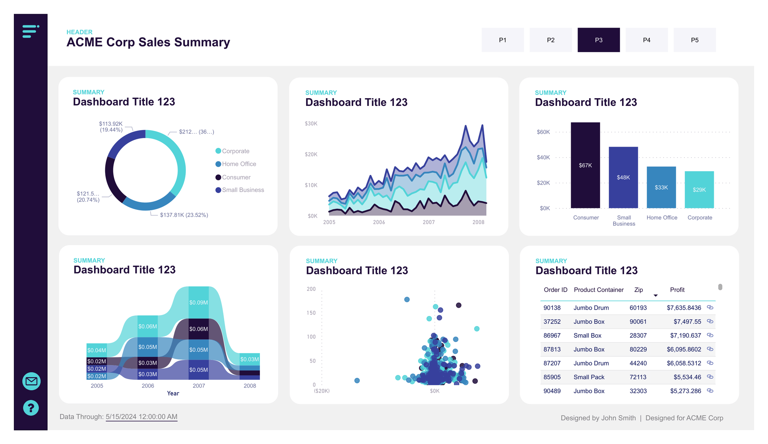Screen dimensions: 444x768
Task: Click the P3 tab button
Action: click(x=598, y=40)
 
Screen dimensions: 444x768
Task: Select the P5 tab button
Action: click(x=694, y=40)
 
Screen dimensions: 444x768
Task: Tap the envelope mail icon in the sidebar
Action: click(x=31, y=381)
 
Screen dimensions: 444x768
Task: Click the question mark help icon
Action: click(x=31, y=408)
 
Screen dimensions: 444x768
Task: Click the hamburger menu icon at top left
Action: click(x=31, y=31)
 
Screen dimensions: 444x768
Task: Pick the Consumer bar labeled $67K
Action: click(x=585, y=165)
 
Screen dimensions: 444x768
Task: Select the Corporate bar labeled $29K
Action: click(x=699, y=190)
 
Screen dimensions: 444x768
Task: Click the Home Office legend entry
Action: click(x=238, y=164)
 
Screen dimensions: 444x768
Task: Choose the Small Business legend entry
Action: click(x=243, y=190)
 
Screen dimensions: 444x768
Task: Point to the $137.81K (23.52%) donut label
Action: click(x=184, y=215)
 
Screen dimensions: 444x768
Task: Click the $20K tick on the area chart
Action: click(x=311, y=154)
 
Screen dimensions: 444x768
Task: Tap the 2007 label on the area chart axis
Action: click(x=429, y=222)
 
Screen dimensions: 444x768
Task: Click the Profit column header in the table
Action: click(x=677, y=290)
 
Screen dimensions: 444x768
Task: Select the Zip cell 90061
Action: click(x=638, y=322)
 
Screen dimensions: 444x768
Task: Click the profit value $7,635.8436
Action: click(x=684, y=308)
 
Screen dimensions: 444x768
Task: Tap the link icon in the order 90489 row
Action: click(x=710, y=391)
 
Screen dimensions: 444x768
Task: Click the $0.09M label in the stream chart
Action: click(x=199, y=302)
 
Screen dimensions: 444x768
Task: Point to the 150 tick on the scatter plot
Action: click(x=311, y=313)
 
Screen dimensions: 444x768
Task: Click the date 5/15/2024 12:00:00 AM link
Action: click(x=141, y=417)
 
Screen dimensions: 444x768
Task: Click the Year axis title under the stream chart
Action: click(x=173, y=393)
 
